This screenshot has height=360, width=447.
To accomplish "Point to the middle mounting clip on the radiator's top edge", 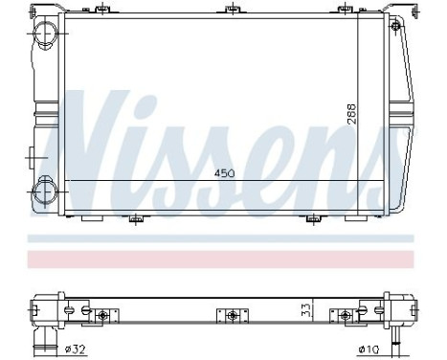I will pos(230,12).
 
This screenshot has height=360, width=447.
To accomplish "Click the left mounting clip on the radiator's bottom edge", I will pos(138,216).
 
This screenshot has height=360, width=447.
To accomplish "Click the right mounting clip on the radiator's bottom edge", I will pos(312,216).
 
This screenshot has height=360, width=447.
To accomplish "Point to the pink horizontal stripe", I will pos(223,259).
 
